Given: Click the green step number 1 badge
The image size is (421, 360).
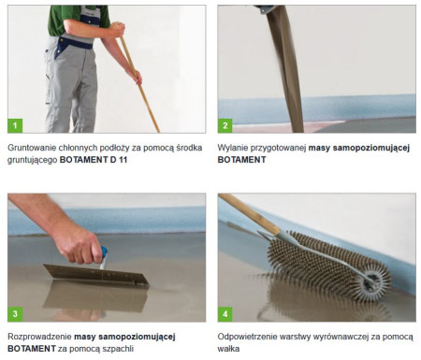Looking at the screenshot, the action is [x=15, y=125].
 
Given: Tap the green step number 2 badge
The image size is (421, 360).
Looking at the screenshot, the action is [x=225, y=125].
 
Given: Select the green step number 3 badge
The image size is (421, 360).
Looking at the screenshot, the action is [x=15, y=314].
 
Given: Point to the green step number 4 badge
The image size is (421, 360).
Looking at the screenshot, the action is [x=225, y=314].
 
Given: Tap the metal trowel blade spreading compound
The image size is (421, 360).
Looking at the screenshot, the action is [x=95, y=274].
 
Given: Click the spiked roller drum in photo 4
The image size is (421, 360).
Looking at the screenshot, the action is [x=327, y=266].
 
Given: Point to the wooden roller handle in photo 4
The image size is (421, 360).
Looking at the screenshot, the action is [x=249, y=213].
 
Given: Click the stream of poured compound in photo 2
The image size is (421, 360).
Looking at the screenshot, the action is [x=285, y=68].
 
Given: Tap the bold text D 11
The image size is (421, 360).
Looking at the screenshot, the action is [x=119, y=160].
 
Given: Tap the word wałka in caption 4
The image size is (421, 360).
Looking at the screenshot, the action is [x=228, y=349].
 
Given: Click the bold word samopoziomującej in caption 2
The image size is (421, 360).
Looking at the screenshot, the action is [x=371, y=148].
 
